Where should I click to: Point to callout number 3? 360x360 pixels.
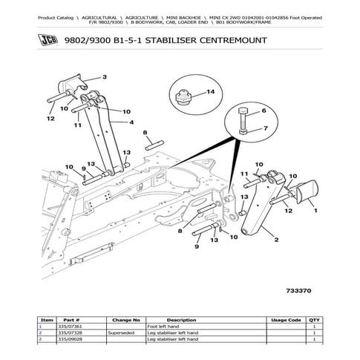tap(105, 76)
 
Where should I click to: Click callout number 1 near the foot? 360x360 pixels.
tap(315, 211)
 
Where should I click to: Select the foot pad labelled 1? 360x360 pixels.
tap(304, 192)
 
